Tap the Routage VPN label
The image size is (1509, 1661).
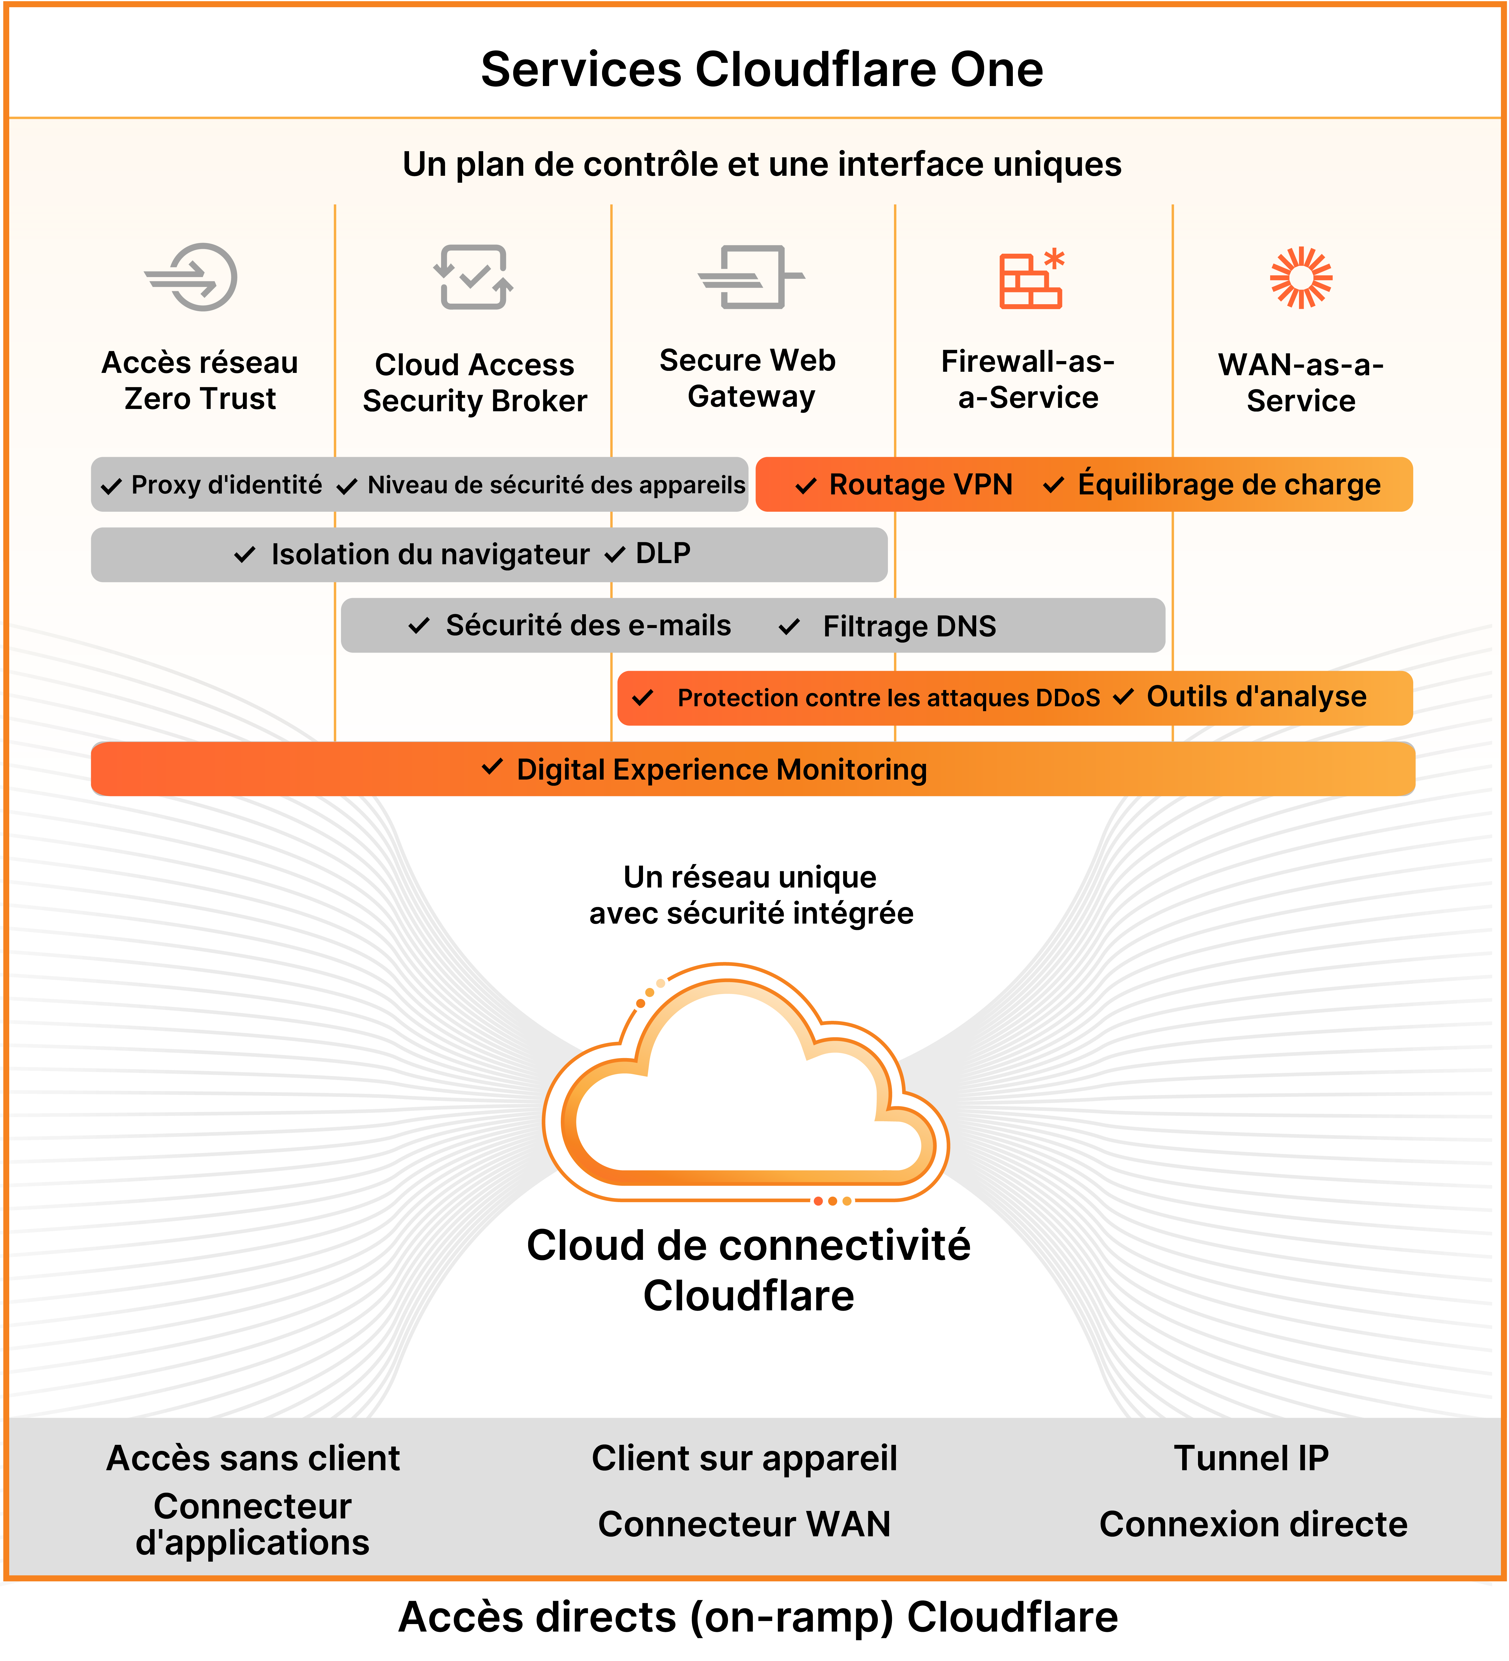[920, 485]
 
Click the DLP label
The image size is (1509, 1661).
[663, 554]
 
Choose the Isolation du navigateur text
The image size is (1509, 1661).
[430, 554]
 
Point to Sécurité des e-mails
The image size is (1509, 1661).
[588, 626]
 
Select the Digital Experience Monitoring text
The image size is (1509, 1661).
[721, 769]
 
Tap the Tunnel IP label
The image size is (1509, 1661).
[1250, 1458]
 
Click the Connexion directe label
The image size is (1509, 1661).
[1253, 1524]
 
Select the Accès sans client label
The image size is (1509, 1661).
[253, 1458]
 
